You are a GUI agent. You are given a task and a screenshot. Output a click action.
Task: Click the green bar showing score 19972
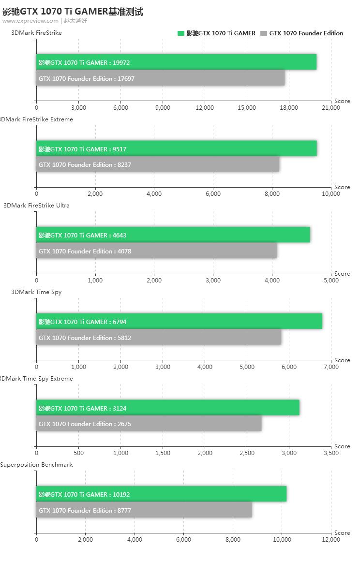(177, 62)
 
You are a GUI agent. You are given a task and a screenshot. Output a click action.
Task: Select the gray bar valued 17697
(161, 78)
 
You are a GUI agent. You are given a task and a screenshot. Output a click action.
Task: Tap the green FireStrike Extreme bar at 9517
(177, 149)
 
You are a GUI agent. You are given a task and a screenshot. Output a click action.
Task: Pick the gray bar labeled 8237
(158, 164)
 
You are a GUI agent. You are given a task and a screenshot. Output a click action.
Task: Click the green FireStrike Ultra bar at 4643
(173, 235)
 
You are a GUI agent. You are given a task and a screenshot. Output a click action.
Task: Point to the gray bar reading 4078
(157, 251)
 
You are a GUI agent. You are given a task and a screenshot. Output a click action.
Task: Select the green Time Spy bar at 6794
(180, 322)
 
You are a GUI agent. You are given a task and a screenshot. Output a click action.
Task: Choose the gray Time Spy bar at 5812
(159, 338)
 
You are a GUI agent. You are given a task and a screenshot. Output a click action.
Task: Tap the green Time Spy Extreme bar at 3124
(168, 408)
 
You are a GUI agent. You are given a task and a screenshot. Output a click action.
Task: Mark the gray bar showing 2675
(149, 424)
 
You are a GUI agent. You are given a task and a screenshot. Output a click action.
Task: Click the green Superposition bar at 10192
(162, 494)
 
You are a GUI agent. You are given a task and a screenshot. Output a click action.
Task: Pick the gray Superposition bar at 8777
(144, 510)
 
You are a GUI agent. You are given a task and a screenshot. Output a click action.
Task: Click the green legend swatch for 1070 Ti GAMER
(181, 33)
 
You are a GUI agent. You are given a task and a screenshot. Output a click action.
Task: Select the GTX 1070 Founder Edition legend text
(306, 33)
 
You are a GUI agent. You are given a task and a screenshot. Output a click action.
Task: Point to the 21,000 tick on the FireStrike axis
(331, 108)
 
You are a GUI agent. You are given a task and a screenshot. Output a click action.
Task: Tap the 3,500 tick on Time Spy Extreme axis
(331, 453)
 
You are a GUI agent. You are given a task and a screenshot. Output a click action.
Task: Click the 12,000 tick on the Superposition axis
(331, 540)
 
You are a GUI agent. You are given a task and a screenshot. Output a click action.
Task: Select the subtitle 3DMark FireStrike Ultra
(36, 206)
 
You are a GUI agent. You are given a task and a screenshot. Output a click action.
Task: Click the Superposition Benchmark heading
(36, 465)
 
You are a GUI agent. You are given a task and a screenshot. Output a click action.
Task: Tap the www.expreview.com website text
(30, 21)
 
